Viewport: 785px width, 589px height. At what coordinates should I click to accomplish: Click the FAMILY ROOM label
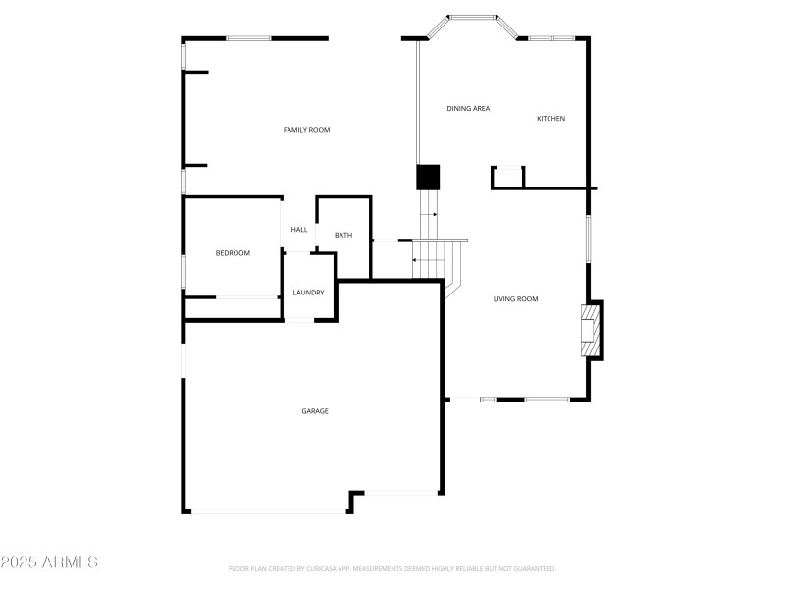click(306, 130)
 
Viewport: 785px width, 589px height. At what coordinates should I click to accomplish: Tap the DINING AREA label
click(468, 109)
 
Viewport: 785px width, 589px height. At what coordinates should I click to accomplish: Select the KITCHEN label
click(550, 119)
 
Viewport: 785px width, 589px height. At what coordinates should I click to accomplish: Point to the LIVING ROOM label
click(515, 299)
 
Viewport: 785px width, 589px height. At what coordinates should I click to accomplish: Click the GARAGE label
click(315, 411)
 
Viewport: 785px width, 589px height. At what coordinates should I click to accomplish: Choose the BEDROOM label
click(233, 253)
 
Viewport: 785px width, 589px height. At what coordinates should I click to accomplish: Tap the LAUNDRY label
click(308, 293)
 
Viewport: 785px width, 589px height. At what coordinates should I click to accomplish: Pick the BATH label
click(343, 235)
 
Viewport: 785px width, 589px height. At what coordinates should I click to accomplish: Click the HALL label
click(299, 230)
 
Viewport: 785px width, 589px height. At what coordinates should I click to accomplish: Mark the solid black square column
click(428, 177)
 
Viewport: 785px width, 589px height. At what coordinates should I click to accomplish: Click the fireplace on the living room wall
click(591, 331)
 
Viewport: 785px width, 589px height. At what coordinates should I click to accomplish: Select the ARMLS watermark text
click(49, 562)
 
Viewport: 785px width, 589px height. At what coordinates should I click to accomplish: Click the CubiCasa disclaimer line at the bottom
click(392, 568)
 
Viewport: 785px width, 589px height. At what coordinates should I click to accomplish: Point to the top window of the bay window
click(474, 16)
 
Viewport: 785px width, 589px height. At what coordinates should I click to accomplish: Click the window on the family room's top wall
click(248, 38)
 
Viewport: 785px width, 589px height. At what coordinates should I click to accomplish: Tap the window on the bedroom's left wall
click(183, 271)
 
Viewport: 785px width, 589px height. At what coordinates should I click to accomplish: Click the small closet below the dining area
click(508, 177)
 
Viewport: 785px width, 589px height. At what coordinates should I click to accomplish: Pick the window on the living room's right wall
click(588, 238)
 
